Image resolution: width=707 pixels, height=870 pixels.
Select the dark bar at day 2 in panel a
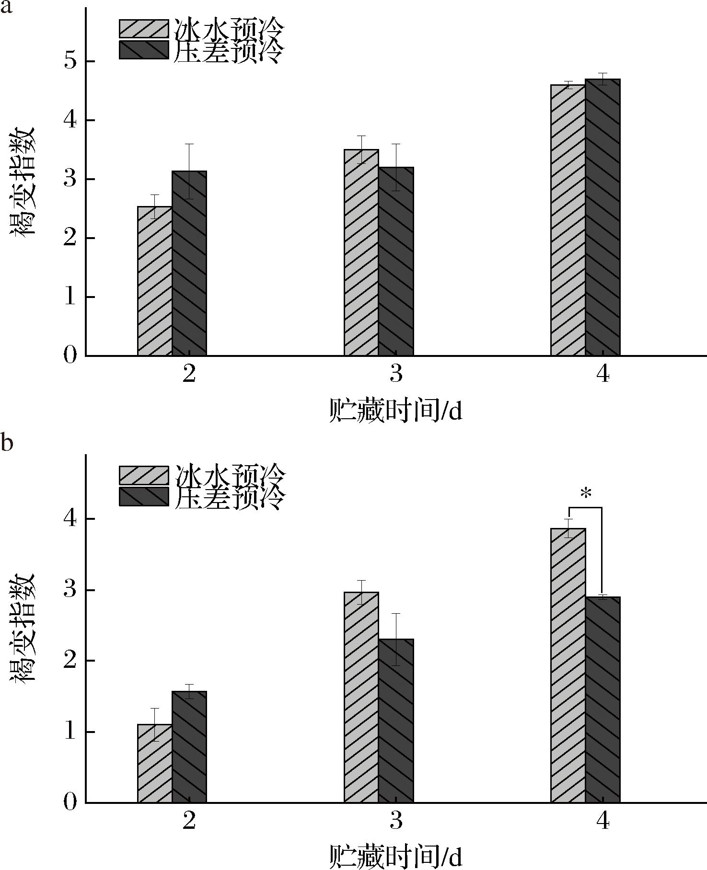click(x=189, y=263)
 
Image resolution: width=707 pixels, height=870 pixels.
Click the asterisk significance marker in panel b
click(x=586, y=494)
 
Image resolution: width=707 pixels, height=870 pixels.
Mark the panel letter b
click(x=7, y=442)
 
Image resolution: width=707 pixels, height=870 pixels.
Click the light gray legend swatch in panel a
click(x=144, y=29)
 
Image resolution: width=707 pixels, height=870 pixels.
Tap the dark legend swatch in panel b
click(x=144, y=496)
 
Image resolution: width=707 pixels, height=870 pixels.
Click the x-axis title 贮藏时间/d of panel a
click(x=396, y=411)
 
